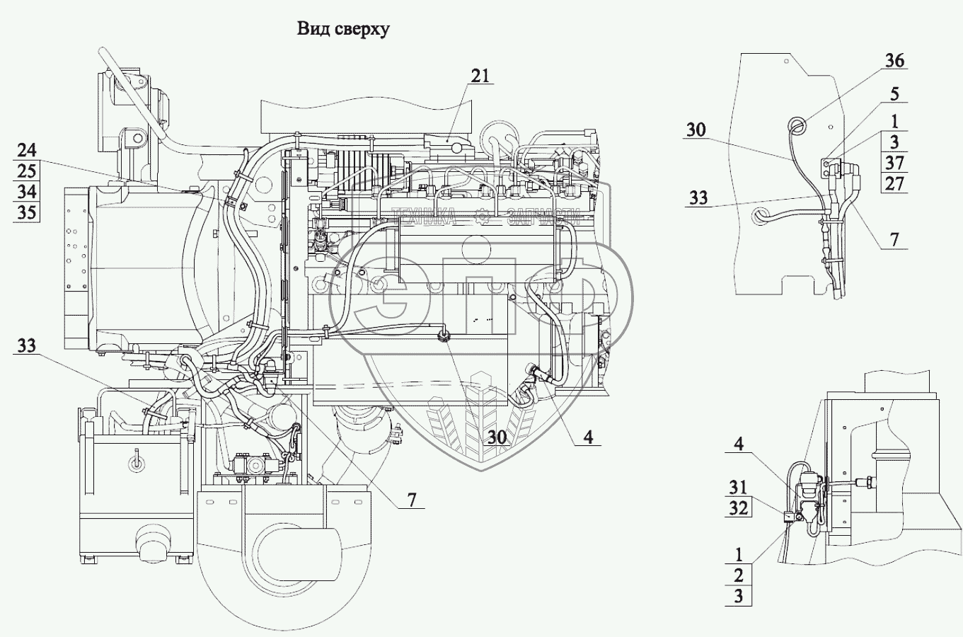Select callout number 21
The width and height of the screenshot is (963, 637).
tap(480, 76)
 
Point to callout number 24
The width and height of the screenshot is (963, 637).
tap(27, 150)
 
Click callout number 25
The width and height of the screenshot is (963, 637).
tap(27, 171)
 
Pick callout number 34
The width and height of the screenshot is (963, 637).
tap(27, 191)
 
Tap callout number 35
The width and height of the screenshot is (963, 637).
tap(27, 212)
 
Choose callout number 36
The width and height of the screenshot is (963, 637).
tap(894, 61)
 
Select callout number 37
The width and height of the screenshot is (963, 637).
tap(894, 162)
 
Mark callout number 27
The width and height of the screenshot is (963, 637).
tap(894, 183)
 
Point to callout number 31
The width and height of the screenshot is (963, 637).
tap(739, 487)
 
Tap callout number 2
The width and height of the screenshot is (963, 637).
tap(739, 574)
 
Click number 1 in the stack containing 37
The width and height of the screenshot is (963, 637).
tap(894, 121)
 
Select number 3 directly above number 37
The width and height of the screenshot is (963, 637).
tap(894, 142)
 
